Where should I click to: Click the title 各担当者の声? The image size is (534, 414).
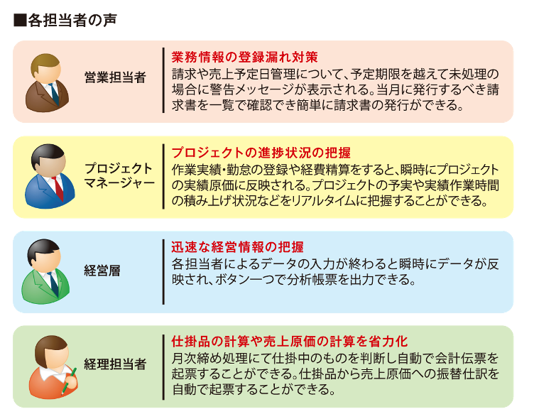(72, 21)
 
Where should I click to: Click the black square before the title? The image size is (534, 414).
(20, 21)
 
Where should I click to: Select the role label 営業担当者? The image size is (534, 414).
(115, 77)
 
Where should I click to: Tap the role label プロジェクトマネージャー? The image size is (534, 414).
(119, 175)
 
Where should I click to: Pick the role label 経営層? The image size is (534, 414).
(102, 271)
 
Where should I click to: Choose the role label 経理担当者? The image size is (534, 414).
(115, 364)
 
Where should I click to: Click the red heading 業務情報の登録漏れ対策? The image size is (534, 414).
(244, 58)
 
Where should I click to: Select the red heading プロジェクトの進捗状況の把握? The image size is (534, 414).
(261, 153)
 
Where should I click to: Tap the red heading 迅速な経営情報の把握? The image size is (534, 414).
(237, 247)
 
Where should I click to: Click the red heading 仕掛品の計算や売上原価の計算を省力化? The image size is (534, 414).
(290, 341)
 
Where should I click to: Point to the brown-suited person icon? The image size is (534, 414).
(47, 83)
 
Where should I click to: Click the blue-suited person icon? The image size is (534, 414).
(50, 176)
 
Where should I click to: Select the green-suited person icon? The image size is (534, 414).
(45, 271)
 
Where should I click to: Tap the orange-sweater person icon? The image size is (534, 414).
(53, 367)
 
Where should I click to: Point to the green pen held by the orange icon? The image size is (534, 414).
(69, 380)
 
